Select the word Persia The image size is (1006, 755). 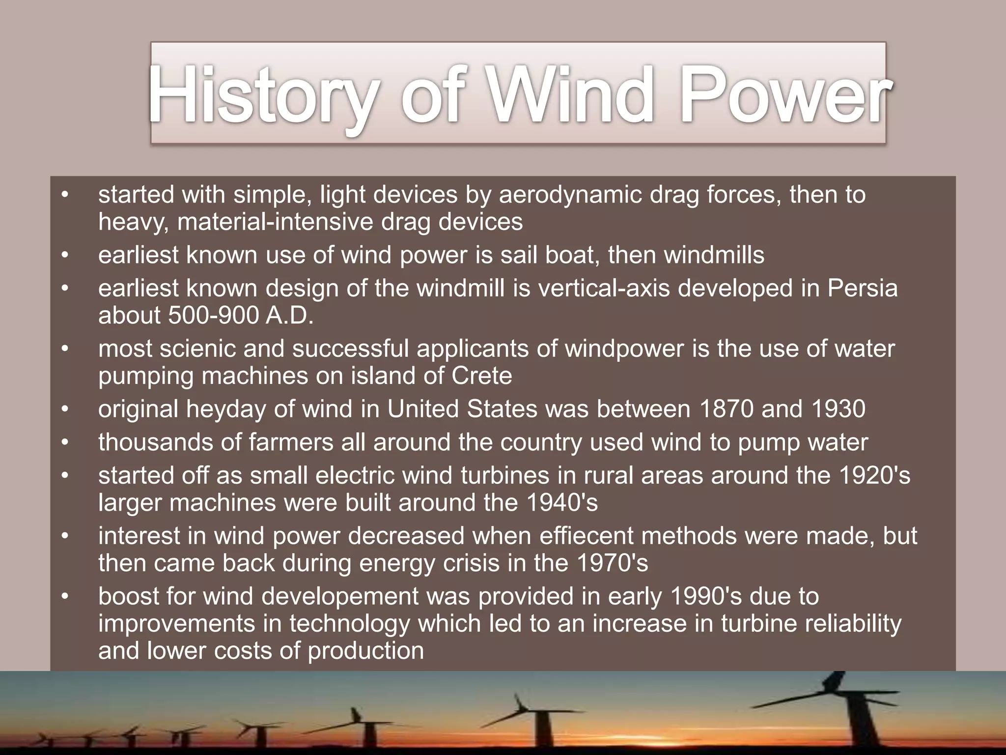click(863, 288)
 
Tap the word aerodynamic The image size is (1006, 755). click(570, 195)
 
